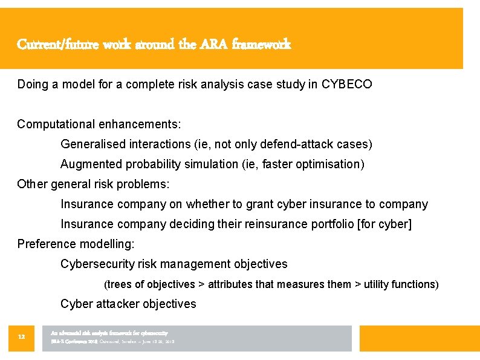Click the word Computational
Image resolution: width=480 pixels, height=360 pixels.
(x=57, y=124)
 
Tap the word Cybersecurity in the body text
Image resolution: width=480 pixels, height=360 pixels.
(x=98, y=264)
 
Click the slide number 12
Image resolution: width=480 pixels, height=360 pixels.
(x=21, y=336)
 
